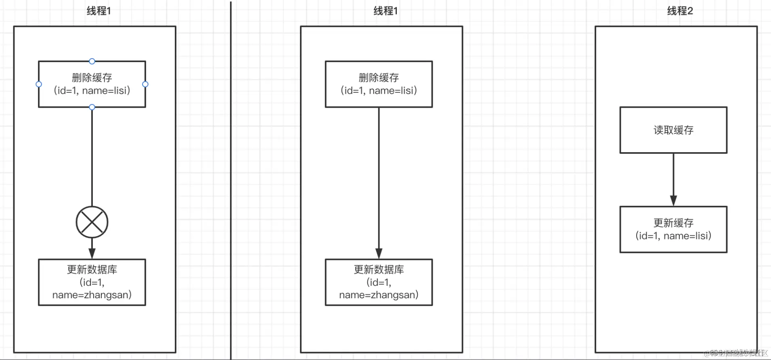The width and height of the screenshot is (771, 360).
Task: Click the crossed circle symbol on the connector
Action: [x=92, y=222]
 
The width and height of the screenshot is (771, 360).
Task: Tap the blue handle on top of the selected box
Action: [x=92, y=61]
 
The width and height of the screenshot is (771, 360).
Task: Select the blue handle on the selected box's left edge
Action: [x=39, y=84]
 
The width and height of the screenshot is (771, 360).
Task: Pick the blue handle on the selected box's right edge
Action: [x=145, y=84]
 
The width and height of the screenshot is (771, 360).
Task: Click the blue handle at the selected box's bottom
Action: [x=92, y=107]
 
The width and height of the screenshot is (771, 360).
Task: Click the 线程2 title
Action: [x=680, y=11]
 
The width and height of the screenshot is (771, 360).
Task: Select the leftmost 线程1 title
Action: [x=98, y=11]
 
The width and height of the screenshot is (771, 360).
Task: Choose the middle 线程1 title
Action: [x=385, y=11]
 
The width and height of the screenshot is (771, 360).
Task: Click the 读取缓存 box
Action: [x=673, y=130]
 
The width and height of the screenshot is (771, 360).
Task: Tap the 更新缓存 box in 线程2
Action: [x=673, y=229]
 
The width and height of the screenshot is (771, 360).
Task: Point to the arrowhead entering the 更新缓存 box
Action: [x=673, y=201]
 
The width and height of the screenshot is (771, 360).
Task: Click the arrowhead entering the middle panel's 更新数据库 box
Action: [x=379, y=253]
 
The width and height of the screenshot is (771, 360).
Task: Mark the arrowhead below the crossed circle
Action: [x=92, y=253]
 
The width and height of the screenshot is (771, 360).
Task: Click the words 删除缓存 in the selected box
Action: [x=92, y=77]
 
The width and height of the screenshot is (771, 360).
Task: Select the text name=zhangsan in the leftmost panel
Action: [x=92, y=295]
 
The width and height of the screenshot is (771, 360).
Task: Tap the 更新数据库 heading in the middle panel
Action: [x=379, y=269]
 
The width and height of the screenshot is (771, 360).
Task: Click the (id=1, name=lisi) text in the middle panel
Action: [x=379, y=90]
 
